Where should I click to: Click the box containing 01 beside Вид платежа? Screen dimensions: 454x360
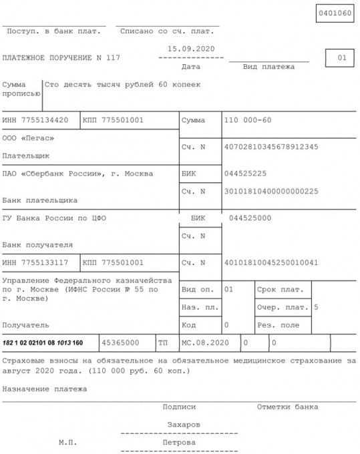[341, 58]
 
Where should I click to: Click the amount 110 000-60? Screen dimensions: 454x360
[248, 120]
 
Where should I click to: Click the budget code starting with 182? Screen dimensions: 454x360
[43, 343]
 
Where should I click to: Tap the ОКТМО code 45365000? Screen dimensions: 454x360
[120, 343]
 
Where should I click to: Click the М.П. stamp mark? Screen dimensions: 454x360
[67, 442]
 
